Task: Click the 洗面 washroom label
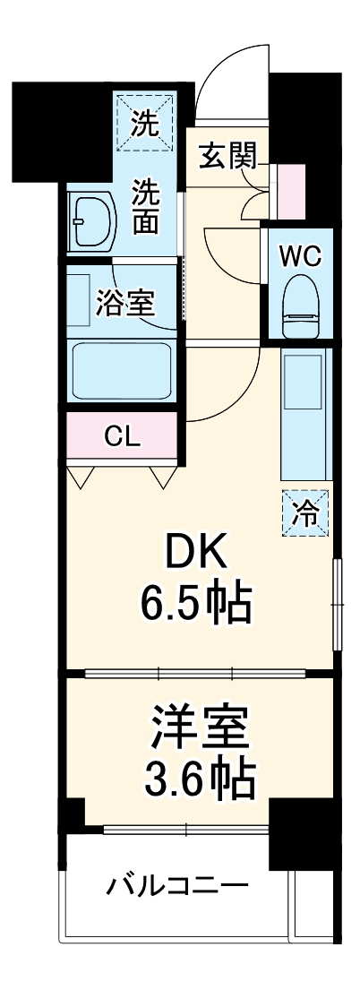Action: [x=147, y=205]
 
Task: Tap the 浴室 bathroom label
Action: [x=125, y=303]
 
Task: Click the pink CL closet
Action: [x=122, y=438]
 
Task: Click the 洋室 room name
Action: [x=199, y=727]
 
